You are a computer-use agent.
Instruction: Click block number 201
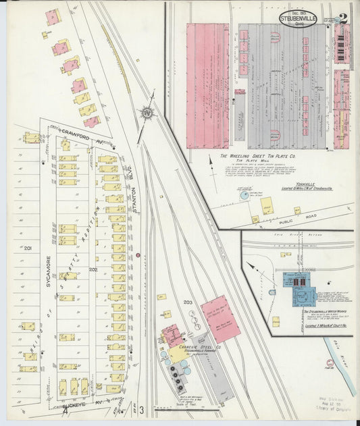28,249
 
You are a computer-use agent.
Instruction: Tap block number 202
93,269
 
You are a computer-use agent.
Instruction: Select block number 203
188,302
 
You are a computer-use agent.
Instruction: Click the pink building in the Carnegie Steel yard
220,319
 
